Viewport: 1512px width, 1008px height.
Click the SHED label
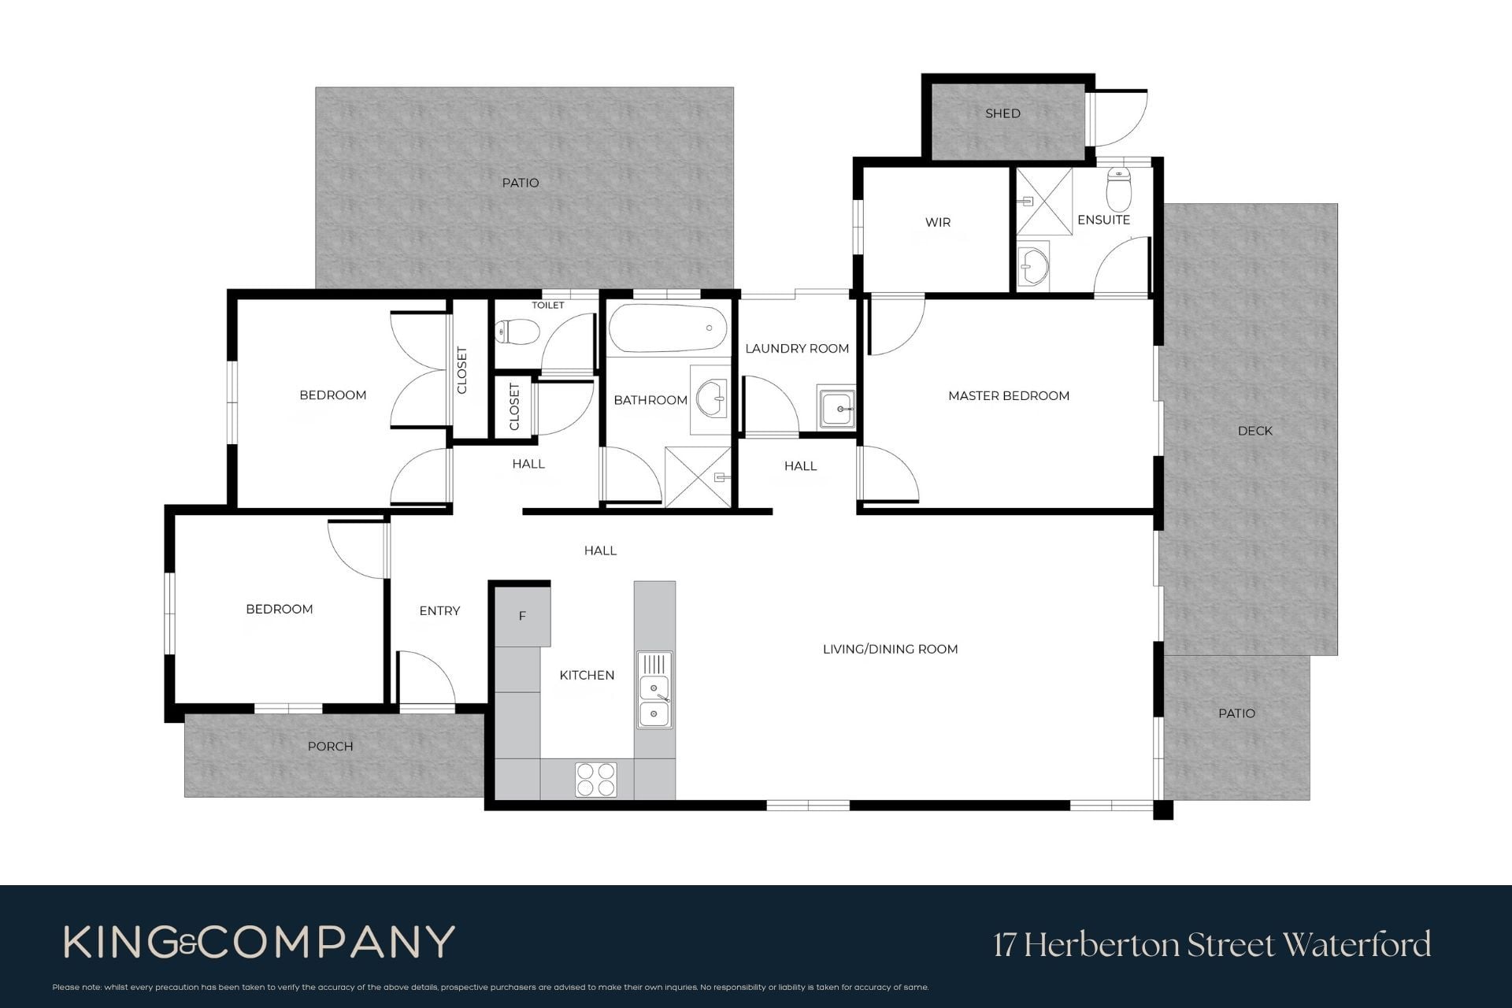point(1002,113)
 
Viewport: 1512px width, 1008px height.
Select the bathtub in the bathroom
point(667,330)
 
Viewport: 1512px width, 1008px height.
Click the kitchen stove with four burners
point(595,779)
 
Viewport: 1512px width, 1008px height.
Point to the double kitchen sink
point(654,690)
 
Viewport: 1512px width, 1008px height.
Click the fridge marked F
point(522,617)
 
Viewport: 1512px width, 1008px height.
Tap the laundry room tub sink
point(836,408)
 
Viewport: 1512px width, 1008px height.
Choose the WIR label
point(937,222)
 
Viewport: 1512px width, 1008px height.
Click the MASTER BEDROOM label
point(1009,396)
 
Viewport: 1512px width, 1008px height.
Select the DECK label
point(1254,431)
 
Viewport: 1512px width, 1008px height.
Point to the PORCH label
point(330,747)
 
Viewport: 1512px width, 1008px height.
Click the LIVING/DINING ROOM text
point(890,649)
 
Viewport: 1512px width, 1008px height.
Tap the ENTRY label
point(439,611)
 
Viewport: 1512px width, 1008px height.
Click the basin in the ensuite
point(1033,266)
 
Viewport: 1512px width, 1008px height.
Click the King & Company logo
point(259,942)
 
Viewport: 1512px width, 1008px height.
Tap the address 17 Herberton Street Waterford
point(1212,944)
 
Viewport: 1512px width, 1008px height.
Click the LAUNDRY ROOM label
point(797,348)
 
